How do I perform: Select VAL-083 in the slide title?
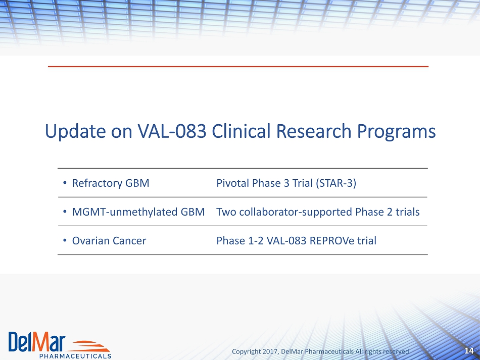point(172,131)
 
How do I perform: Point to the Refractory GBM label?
point(111,183)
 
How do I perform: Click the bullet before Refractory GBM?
point(65,183)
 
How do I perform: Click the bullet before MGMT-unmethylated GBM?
point(65,212)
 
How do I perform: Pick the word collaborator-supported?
point(296,212)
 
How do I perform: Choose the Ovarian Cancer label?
point(109,241)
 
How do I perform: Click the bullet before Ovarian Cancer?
point(65,240)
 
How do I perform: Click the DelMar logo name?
point(37,341)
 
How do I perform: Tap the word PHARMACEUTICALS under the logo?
point(75,356)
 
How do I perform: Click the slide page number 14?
point(469,351)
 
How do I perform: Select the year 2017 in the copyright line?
point(270,351)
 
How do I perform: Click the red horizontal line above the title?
point(238,66)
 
